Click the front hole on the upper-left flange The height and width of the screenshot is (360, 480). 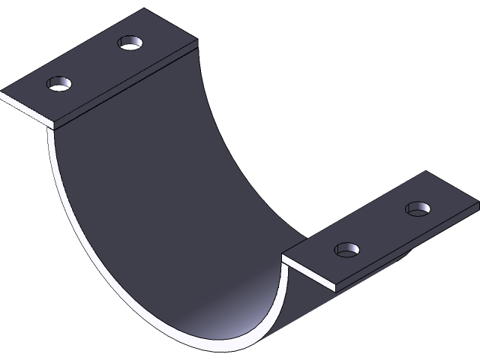pyautogui.click(x=58, y=83)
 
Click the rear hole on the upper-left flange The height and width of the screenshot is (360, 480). pyautogui.click(x=130, y=43)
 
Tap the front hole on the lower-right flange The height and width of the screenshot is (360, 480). pyautogui.click(x=346, y=249)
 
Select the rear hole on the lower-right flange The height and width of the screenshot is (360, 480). pyautogui.click(x=418, y=208)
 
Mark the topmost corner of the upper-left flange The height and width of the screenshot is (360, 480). pyautogui.click(x=145, y=10)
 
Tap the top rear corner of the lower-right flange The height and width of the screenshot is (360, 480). pyautogui.click(x=428, y=172)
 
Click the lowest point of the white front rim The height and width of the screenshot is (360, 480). pyautogui.click(x=225, y=349)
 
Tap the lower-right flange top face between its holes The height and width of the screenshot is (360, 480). pyautogui.click(x=382, y=229)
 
